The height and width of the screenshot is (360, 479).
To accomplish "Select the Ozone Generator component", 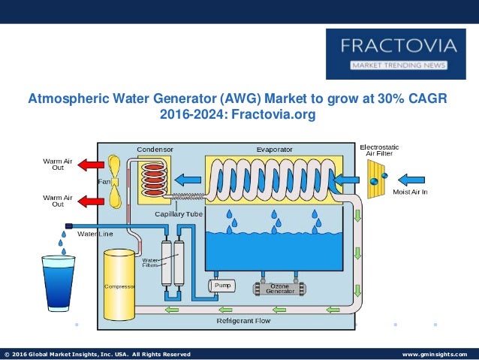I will coord(279,288).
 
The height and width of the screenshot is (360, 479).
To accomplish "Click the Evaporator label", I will coord(275,149).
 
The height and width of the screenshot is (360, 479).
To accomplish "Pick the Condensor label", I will coord(155,149).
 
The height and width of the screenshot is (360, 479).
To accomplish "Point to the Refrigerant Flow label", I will coord(243,321).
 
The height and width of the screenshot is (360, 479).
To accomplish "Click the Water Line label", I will coord(95,234).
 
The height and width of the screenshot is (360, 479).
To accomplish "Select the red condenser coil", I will coord(154,180).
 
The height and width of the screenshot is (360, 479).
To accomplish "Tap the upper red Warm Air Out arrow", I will coord(92,165).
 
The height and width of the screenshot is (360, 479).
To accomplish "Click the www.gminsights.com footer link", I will coord(435,354).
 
